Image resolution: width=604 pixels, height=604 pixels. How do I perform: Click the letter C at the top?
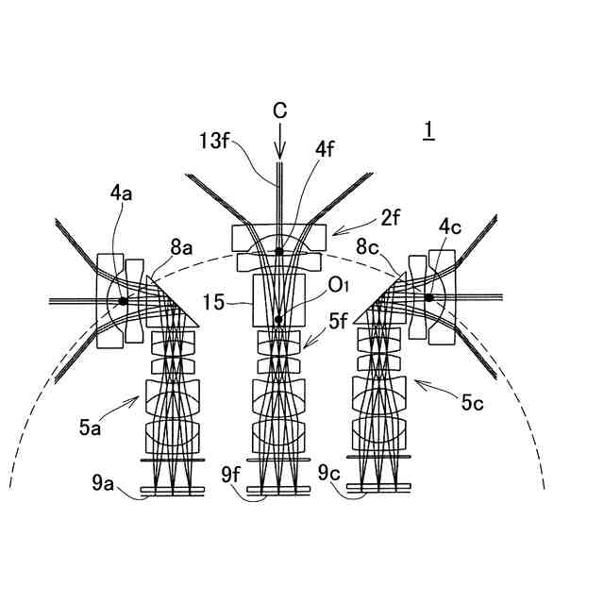point(279,111)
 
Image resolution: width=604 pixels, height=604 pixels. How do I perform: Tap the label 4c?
point(450,226)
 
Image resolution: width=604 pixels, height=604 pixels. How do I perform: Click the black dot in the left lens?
point(123,301)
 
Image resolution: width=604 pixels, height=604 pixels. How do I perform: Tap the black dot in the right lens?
point(428,298)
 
